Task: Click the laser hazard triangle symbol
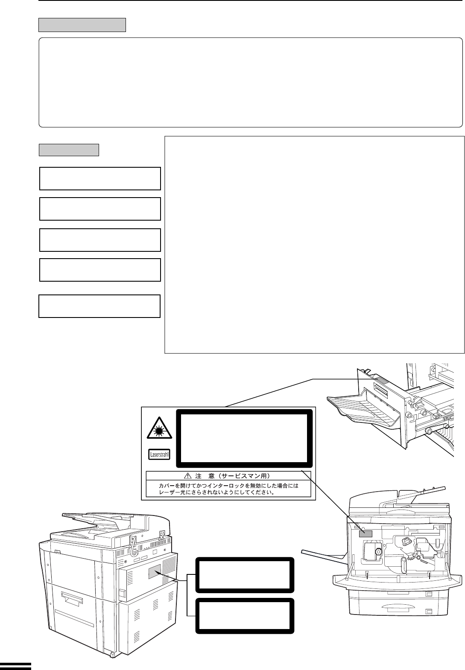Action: pyautogui.click(x=159, y=428)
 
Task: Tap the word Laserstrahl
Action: pyautogui.click(x=159, y=455)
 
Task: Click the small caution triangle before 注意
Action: pyautogui.click(x=187, y=475)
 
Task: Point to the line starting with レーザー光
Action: pyautogui.click(x=216, y=492)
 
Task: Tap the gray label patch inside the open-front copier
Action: pyautogui.click(x=365, y=534)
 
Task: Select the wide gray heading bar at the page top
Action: pyautogui.click(x=82, y=25)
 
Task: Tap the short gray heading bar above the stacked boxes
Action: pyautogui.click(x=69, y=150)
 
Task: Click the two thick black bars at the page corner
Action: pyautogui.click(x=15, y=665)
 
